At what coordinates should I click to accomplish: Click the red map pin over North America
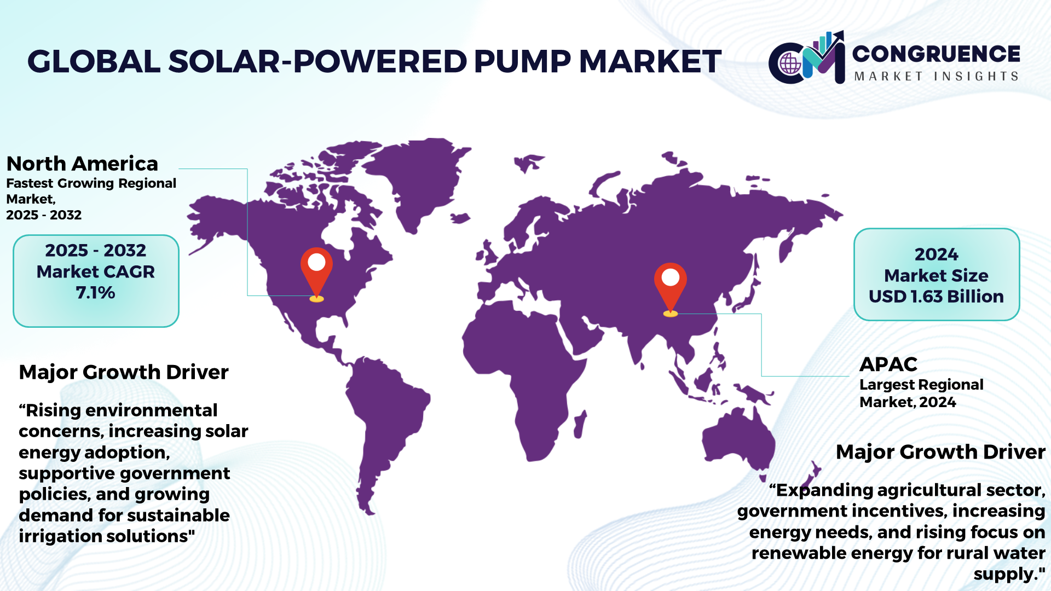pyautogui.click(x=316, y=272)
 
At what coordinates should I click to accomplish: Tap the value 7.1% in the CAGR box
pyautogui.click(x=96, y=293)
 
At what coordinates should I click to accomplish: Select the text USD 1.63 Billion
pyautogui.click(x=936, y=297)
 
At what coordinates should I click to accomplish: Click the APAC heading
pyautogui.click(x=888, y=364)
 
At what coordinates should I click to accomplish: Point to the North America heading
pyautogui.click(x=82, y=164)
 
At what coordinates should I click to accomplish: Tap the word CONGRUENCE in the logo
pyautogui.click(x=936, y=54)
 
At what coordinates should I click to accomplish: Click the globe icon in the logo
pyautogui.click(x=790, y=63)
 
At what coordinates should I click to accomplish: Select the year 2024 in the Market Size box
pyautogui.click(x=937, y=254)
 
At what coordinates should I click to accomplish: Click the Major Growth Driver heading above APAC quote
pyautogui.click(x=940, y=452)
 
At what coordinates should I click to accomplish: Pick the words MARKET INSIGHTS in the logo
pyautogui.click(x=936, y=76)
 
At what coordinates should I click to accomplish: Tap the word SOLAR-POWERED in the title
pyautogui.click(x=317, y=61)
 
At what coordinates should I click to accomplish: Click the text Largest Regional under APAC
pyautogui.click(x=921, y=385)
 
